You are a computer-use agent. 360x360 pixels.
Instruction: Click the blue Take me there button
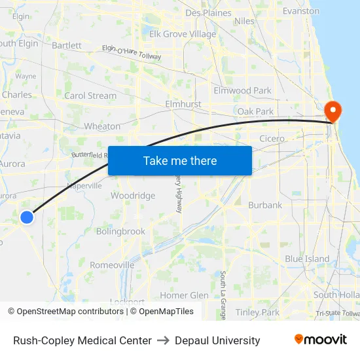pos(180,160)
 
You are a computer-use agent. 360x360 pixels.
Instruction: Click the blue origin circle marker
pos(27,217)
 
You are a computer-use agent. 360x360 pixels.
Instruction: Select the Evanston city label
pos(301,11)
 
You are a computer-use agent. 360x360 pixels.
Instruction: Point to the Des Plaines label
pos(209,13)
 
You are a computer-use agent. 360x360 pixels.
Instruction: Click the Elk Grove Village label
pos(183,34)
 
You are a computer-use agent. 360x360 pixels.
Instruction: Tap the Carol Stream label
pos(90,96)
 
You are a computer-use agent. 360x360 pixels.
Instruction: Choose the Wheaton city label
pos(102,126)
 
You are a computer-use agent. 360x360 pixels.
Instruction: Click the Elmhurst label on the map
pos(183,104)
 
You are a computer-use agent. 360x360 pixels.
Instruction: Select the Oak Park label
pos(255,112)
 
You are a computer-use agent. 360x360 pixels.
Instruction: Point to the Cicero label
pos(272,139)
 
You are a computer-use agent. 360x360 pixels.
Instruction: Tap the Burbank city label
pos(265,205)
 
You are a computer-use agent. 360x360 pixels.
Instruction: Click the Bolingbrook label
pos(120,231)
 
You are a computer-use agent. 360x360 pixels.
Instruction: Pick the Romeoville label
pos(112,265)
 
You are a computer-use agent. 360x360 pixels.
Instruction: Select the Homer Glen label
pos(185,295)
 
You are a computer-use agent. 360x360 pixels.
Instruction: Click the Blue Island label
pos(307,259)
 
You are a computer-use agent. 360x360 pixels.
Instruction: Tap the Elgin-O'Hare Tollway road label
pos(132,52)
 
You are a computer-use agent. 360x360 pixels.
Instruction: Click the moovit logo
pos(320,340)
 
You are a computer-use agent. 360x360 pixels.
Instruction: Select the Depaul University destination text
pos(217,340)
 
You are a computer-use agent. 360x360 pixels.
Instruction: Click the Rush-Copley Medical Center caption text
pos(82,340)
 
